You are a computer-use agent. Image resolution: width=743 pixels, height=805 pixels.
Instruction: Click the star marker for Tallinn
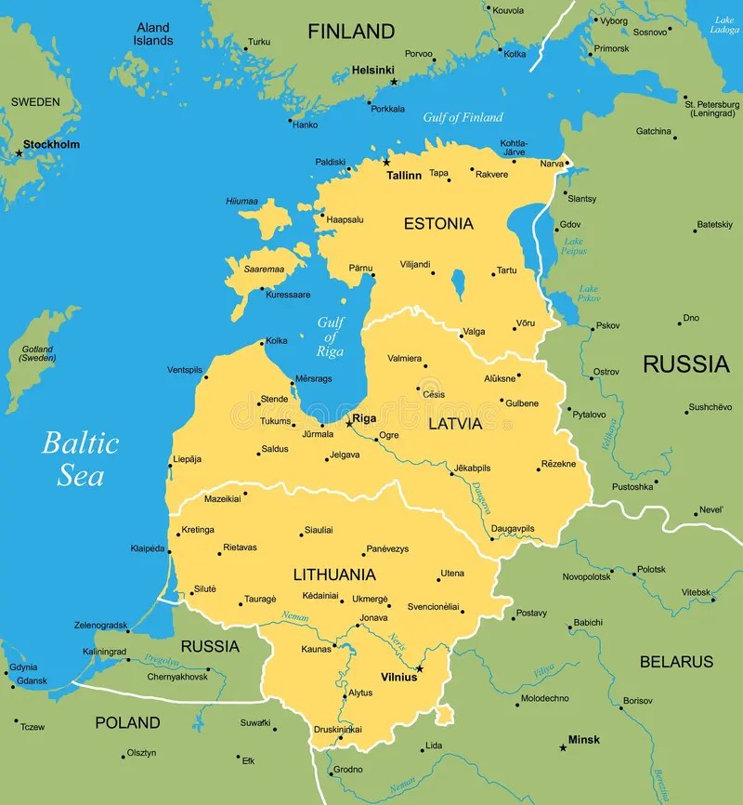click(385, 163)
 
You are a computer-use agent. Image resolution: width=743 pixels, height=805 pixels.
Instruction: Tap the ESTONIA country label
click(438, 223)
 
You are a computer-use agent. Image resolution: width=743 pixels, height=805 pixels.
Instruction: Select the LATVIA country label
click(455, 424)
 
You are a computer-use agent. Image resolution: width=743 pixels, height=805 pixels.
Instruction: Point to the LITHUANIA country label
click(334, 574)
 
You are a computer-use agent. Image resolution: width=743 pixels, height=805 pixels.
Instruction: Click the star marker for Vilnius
click(420, 668)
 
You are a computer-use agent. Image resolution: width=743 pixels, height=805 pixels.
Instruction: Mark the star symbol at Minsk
click(563, 747)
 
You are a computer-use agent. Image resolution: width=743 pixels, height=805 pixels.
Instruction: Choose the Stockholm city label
click(52, 144)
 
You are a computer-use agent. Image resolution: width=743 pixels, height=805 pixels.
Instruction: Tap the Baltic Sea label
click(81, 459)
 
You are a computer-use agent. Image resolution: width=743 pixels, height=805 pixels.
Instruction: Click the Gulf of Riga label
click(330, 337)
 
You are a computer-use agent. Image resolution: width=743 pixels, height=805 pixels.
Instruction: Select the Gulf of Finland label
click(463, 117)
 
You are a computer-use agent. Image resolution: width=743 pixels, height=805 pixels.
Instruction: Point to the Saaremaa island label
click(263, 269)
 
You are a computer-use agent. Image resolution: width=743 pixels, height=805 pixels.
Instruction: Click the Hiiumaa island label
click(241, 201)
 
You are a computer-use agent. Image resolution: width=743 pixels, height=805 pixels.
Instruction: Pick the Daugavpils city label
click(513, 528)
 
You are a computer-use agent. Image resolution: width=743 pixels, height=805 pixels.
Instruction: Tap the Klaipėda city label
click(148, 548)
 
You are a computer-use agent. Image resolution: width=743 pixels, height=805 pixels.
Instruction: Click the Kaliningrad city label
click(104, 652)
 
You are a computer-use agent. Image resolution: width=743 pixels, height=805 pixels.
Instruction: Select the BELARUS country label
click(676, 662)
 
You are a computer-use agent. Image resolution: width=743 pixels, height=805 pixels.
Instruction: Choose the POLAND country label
click(128, 722)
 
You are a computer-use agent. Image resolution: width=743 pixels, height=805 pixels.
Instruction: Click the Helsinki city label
click(372, 70)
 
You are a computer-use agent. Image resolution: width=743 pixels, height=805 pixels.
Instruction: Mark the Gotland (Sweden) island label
click(38, 353)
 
